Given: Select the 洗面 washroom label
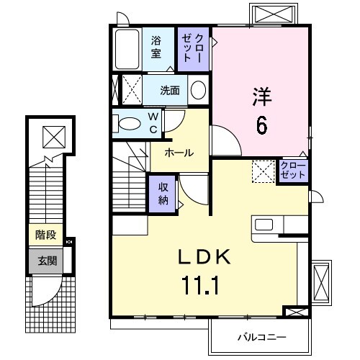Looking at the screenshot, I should [170, 91].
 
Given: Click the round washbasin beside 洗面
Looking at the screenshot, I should [198, 91].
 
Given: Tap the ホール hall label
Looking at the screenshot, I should [178, 153].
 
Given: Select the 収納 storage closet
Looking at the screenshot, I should [163, 192].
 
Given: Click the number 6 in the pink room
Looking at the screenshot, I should [261, 125].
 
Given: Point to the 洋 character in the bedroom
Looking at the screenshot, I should [261, 95].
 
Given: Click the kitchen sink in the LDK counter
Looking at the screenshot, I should [265, 224].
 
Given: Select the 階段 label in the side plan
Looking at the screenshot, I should [45, 235].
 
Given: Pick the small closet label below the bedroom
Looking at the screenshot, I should [292, 171].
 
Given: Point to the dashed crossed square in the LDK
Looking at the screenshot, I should [262, 171].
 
